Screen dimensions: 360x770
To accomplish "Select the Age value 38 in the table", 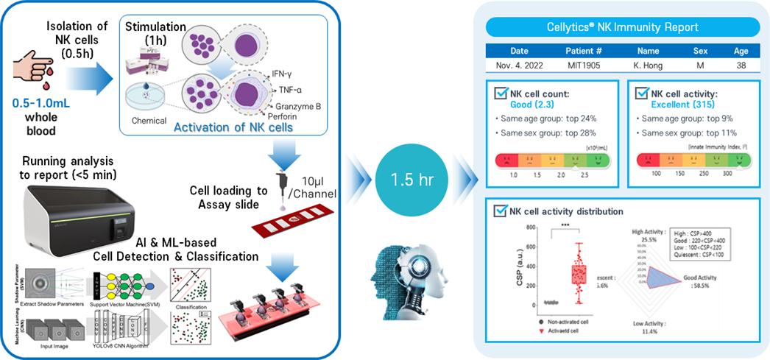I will pos(740,66).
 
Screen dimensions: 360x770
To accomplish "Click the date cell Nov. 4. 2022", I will pos(520,66).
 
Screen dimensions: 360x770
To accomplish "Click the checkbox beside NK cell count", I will pos(500,94).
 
